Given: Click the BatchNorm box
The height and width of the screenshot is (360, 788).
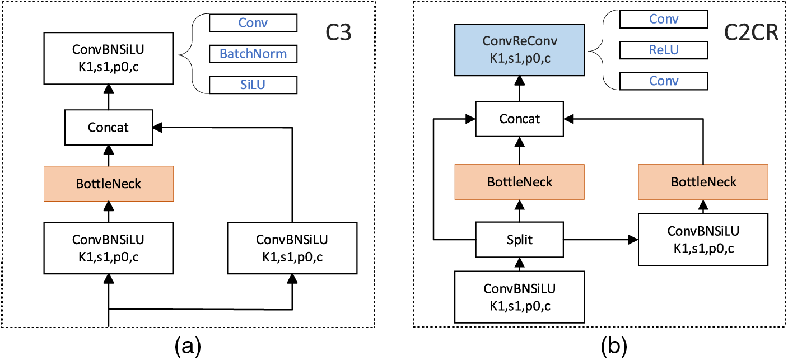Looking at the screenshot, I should click(253, 54).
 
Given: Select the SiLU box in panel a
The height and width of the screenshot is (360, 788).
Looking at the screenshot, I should click(253, 85).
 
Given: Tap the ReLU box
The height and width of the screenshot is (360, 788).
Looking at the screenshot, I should click(664, 50).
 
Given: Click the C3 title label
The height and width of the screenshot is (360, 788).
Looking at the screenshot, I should click(339, 33).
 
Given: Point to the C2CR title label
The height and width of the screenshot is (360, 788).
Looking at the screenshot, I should click(751, 33).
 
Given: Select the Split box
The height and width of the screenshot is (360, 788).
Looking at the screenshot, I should click(519, 239).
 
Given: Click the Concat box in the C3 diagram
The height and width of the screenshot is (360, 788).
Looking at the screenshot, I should click(108, 127).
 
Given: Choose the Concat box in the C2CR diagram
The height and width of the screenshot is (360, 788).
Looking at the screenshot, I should click(519, 119).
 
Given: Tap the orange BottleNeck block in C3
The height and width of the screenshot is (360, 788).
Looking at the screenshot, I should click(108, 183).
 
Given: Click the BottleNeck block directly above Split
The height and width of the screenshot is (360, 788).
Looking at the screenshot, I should click(519, 182).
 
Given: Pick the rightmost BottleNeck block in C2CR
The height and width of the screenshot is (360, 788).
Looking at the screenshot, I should click(703, 182).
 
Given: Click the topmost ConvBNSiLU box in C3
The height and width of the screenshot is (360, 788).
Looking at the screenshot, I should click(108, 57).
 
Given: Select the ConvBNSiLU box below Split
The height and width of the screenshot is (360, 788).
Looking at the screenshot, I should click(519, 297).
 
